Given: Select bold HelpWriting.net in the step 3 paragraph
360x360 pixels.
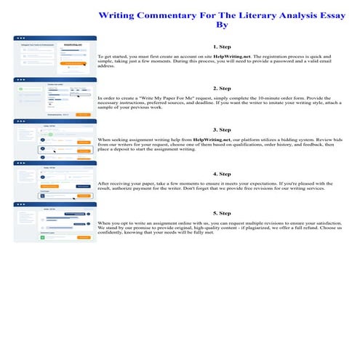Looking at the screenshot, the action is coord(216,138).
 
